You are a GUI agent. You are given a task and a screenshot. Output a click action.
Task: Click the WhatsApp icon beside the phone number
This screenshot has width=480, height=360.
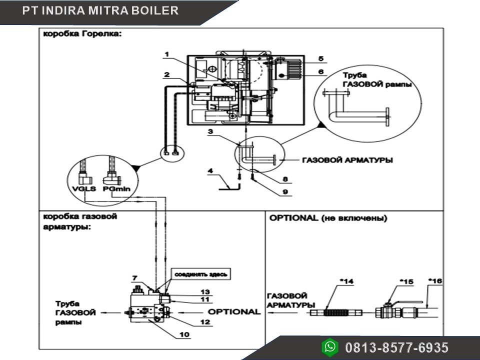tap(330, 346)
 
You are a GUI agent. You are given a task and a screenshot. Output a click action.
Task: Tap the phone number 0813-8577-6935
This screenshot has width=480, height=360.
tap(396, 347)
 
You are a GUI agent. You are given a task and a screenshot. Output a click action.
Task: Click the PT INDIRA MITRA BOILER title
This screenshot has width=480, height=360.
tap(100, 10)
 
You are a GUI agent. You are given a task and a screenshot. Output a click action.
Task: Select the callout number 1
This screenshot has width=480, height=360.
tap(167, 54)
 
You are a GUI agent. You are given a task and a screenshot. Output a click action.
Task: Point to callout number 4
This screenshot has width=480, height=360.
tap(211, 171)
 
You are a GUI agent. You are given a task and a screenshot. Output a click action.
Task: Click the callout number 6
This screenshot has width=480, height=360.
tap(321, 71)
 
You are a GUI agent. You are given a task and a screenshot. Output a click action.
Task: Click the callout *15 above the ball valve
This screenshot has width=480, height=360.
tap(407, 281)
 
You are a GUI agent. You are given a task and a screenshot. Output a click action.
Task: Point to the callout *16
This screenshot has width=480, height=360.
tap(436, 281)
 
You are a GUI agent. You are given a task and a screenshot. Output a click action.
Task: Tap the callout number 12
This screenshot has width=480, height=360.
tap(205, 322)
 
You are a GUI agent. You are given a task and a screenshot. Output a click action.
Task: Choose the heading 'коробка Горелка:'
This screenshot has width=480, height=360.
tap(82, 35)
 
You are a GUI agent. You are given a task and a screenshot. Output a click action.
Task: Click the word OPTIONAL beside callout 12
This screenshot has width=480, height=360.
tap(234, 311)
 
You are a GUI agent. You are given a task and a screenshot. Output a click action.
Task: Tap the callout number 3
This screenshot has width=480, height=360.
tap(211, 131)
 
